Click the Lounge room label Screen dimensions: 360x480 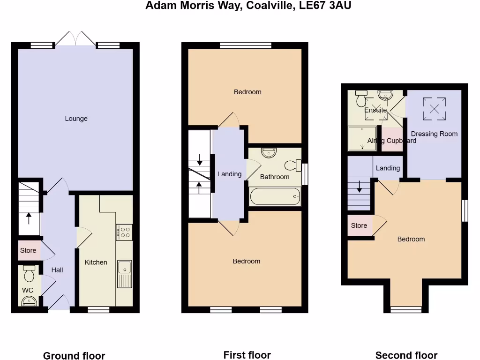[76, 119]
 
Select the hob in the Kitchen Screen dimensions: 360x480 [124, 232]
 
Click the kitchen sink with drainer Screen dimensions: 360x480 [124, 274]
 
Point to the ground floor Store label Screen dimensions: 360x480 [28, 251]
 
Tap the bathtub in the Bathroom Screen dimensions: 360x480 [275, 196]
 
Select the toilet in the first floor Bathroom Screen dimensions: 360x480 [292, 165]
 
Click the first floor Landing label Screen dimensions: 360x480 [229, 174]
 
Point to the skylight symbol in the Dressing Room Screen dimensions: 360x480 [434, 109]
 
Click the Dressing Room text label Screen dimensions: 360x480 [434, 134]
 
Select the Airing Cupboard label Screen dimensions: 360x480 [392, 141]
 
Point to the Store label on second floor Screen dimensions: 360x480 [359, 225]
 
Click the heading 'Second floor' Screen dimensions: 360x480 [406, 355]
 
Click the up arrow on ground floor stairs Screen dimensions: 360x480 [29, 218]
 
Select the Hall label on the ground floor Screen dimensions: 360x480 [57, 270]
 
